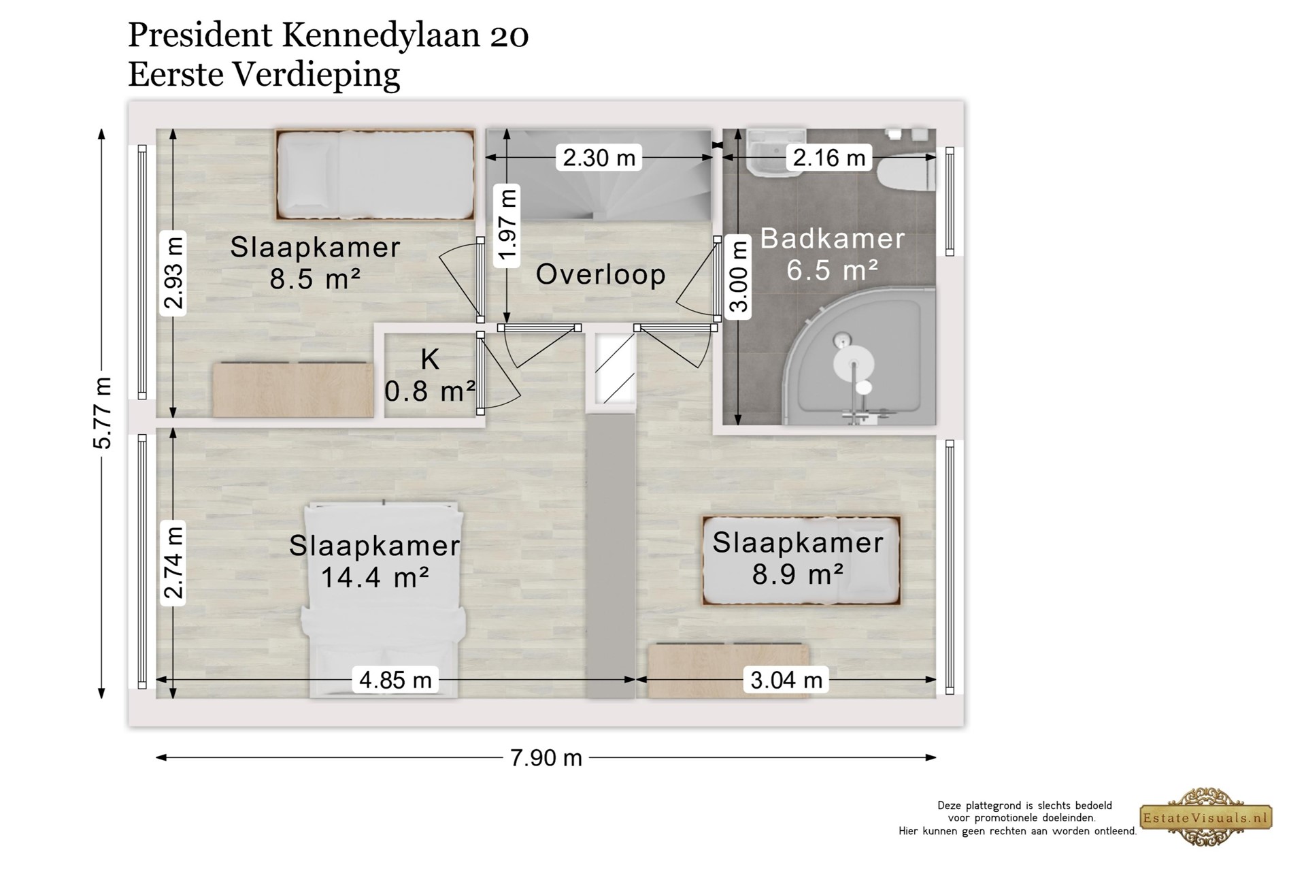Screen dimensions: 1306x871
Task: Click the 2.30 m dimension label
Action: click(x=599, y=158)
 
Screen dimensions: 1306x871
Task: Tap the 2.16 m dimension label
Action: click(x=829, y=158)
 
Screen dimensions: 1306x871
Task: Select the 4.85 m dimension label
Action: click(x=395, y=680)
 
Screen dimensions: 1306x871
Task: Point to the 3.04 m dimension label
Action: click(x=786, y=680)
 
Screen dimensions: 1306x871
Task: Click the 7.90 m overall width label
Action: click(x=546, y=758)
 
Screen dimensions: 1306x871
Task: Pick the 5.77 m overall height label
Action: click(x=102, y=413)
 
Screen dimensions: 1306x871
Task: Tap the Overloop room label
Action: click(x=601, y=274)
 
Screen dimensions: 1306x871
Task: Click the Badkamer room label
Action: click(x=833, y=239)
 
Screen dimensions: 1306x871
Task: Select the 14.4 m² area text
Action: click(x=375, y=578)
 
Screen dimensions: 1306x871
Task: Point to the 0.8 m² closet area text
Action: click(x=430, y=391)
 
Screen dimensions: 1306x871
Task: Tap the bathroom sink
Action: click(x=775, y=152)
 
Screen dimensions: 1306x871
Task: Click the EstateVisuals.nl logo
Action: click(x=1206, y=817)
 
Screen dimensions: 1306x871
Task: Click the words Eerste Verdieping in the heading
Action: click(x=264, y=75)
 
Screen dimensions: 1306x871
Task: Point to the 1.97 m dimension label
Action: click(x=508, y=226)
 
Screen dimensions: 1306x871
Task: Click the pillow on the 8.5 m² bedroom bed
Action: click(x=307, y=174)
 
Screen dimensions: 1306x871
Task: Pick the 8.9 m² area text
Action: click(x=798, y=574)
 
